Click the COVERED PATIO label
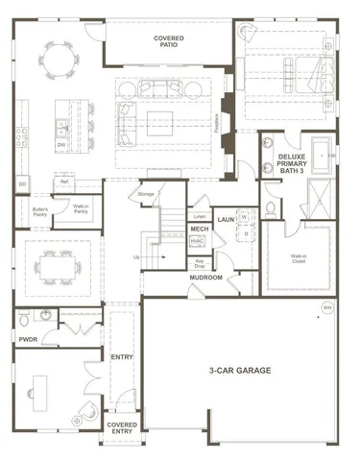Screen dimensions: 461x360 pos(168,42)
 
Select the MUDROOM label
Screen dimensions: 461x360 pos(205,278)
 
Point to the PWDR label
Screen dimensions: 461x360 pos(27,339)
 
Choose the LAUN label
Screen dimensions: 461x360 pos(227,219)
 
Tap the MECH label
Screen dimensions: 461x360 pos(200,230)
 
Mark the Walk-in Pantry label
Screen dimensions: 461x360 pos(82,208)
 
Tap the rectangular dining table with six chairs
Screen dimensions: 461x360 pos(60,261)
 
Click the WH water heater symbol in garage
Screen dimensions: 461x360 pos(327,308)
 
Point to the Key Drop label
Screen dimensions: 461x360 pos(200,263)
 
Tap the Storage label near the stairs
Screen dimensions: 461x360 pos(146,194)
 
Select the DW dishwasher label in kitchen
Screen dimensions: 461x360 pos(60,146)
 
